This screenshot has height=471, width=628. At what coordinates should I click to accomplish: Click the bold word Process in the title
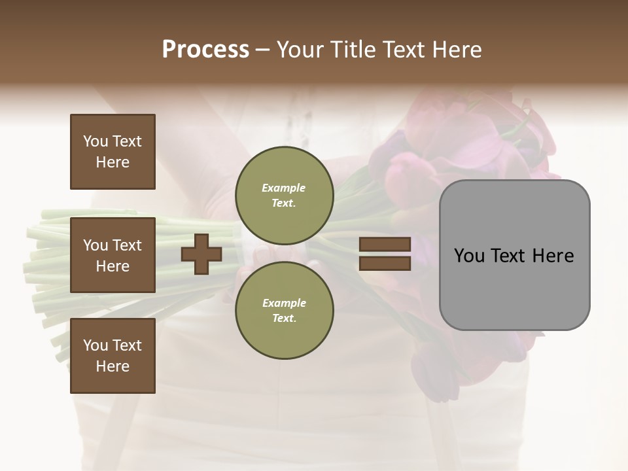[205, 50]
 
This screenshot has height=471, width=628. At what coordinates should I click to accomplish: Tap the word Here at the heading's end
[457, 50]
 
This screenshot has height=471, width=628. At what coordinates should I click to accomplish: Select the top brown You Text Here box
[113, 152]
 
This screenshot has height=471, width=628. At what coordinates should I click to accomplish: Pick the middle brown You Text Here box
[113, 255]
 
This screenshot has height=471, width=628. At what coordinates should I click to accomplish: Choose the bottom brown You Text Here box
[113, 356]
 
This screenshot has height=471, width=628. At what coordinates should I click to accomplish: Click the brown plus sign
[201, 254]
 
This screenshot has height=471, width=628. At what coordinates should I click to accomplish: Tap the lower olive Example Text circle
[284, 311]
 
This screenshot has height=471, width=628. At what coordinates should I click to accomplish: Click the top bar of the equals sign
[385, 244]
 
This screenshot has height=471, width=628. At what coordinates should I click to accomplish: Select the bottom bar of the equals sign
[385, 264]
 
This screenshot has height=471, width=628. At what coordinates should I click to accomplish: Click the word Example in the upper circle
[284, 188]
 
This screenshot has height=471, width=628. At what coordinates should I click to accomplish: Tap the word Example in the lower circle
[284, 303]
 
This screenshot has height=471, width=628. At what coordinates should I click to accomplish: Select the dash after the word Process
[263, 50]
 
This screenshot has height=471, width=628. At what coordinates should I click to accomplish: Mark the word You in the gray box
[468, 256]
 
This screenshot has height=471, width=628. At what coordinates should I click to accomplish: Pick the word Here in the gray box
[552, 256]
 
